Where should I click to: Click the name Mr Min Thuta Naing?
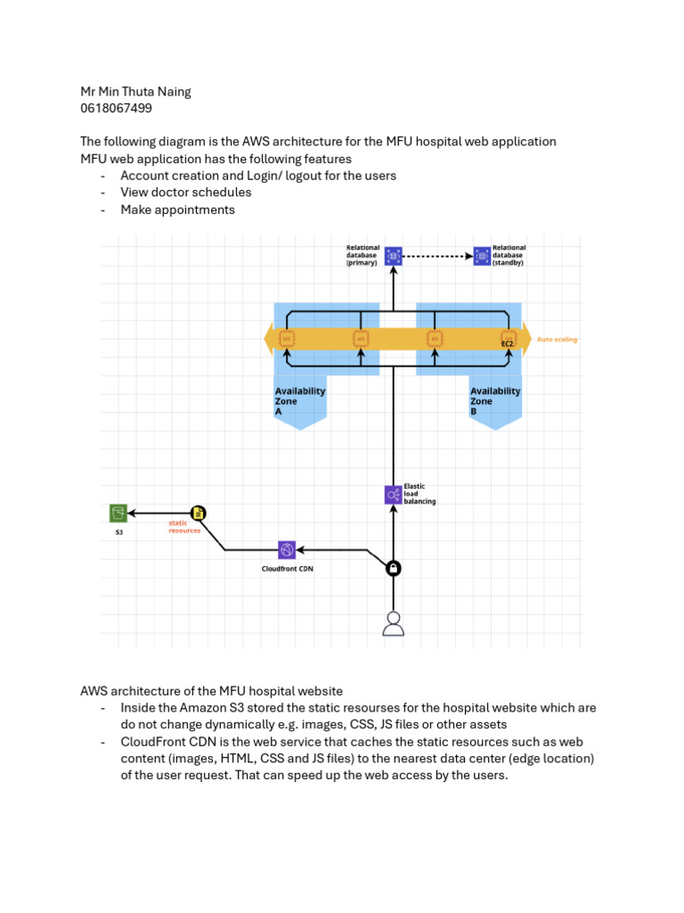135,91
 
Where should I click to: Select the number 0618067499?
116,108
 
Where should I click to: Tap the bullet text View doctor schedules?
186,192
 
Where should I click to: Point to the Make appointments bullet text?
177,210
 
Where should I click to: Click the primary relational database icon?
393,256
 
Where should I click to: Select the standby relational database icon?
482,256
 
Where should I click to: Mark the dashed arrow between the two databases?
436,256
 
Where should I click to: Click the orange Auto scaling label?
557,339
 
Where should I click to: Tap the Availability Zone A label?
299,401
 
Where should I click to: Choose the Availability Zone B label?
495,401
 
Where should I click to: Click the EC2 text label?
508,343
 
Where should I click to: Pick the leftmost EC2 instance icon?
287,339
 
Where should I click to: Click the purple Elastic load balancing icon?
393,494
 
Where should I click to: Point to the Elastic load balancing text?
419,494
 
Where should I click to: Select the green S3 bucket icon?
118,513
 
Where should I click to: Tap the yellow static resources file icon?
199,513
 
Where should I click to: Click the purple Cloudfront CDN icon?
286,549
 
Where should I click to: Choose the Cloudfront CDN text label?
286,569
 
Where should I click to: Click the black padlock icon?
393,568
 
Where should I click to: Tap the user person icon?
393,624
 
